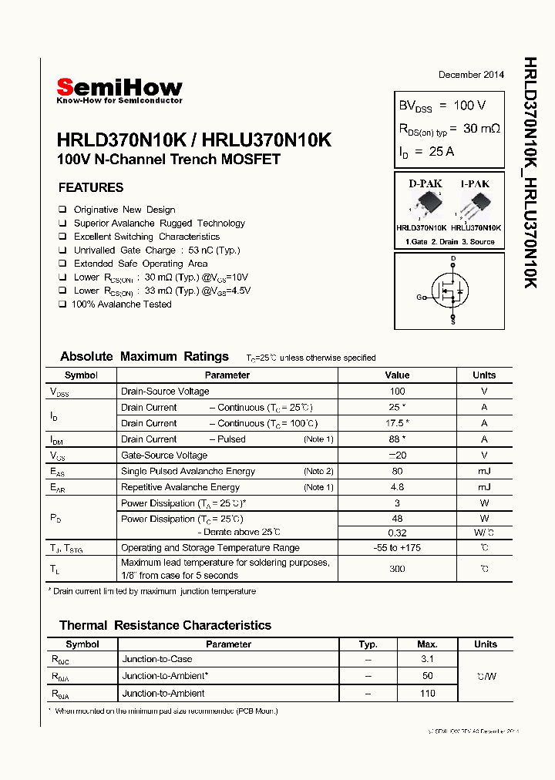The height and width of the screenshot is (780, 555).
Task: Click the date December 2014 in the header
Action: point(471,75)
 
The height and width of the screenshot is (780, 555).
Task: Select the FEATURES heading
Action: point(91,187)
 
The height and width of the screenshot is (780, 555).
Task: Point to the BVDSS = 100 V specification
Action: point(442,106)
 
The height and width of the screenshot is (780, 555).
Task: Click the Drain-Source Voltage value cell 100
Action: point(397,392)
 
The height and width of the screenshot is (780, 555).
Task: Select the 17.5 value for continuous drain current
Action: point(397,423)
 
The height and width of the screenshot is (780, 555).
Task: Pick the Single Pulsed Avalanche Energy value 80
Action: point(397,471)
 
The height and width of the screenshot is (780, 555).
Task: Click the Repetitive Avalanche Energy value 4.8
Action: point(397,487)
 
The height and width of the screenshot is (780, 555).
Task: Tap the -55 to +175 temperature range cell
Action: point(397,548)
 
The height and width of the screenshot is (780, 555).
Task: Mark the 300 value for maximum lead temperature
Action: point(397,569)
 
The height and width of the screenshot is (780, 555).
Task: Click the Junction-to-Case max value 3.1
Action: point(428,659)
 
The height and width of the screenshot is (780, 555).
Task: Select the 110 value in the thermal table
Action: point(428,694)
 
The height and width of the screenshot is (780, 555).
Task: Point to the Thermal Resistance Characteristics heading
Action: point(165,625)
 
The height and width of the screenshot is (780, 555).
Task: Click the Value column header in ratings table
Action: point(397,375)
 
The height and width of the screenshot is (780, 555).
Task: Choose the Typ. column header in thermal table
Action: point(368,644)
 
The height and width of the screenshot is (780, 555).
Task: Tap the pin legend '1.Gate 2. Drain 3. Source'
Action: point(449,242)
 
